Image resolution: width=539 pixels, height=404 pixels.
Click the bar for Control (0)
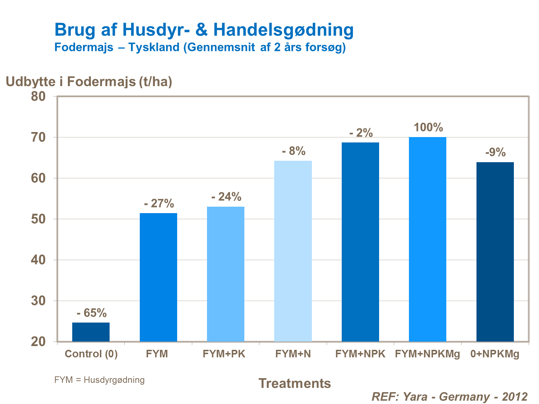coord(91,332)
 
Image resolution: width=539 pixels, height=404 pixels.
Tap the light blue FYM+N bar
coord(293,251)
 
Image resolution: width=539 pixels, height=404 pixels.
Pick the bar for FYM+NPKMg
coord(428,239)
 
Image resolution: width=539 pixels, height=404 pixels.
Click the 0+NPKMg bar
coord(495,252)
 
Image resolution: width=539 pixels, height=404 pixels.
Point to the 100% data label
coord(428,127)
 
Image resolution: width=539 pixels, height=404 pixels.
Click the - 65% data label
coord(92,313)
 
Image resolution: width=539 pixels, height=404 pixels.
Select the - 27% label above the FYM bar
coord(159,203)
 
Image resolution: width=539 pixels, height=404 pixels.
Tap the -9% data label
coord(496,152)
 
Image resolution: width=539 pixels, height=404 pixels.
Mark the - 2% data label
coord(361,133)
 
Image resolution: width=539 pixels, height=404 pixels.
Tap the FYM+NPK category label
coord(360,354)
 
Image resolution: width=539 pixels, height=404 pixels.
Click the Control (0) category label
coord(91,354)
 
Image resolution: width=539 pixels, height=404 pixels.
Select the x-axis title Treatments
coord(295,383)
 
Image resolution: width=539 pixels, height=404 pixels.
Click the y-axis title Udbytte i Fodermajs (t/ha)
coord(89,81)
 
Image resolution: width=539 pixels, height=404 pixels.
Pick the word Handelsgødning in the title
coord(284,30)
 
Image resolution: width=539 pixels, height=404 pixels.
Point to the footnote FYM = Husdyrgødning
coord(100,380)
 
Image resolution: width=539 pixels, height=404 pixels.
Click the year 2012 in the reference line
coord(515,396)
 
